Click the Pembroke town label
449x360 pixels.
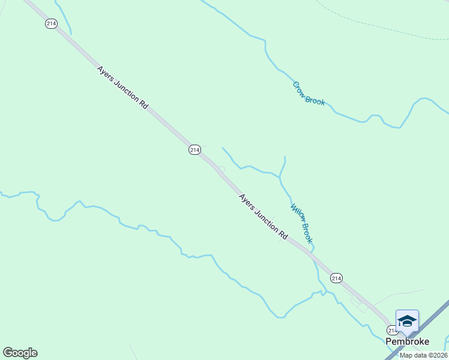[x=407, y=341]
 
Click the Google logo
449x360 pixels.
[x=20, y=353]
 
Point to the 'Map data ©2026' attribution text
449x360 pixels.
[x=423, y=355]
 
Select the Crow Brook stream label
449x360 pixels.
[x=309, y=94]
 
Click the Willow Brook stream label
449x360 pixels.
[x=301, y=223]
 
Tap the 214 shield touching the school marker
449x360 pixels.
[x=392, y=330]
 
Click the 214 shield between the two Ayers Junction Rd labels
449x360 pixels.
[x=194, y=149]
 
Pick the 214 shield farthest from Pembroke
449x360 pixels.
[x=51, y=23]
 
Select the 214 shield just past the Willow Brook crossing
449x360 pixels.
[x=336, y=278]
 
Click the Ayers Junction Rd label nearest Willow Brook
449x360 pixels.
[x=263, y=217]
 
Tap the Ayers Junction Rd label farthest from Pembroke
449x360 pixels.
[x=122, y=87]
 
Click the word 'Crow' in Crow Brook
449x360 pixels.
[x=299, y=88]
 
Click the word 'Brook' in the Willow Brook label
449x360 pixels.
[x=307, y=233]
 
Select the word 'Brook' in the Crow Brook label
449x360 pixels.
[x=315, y=100]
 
